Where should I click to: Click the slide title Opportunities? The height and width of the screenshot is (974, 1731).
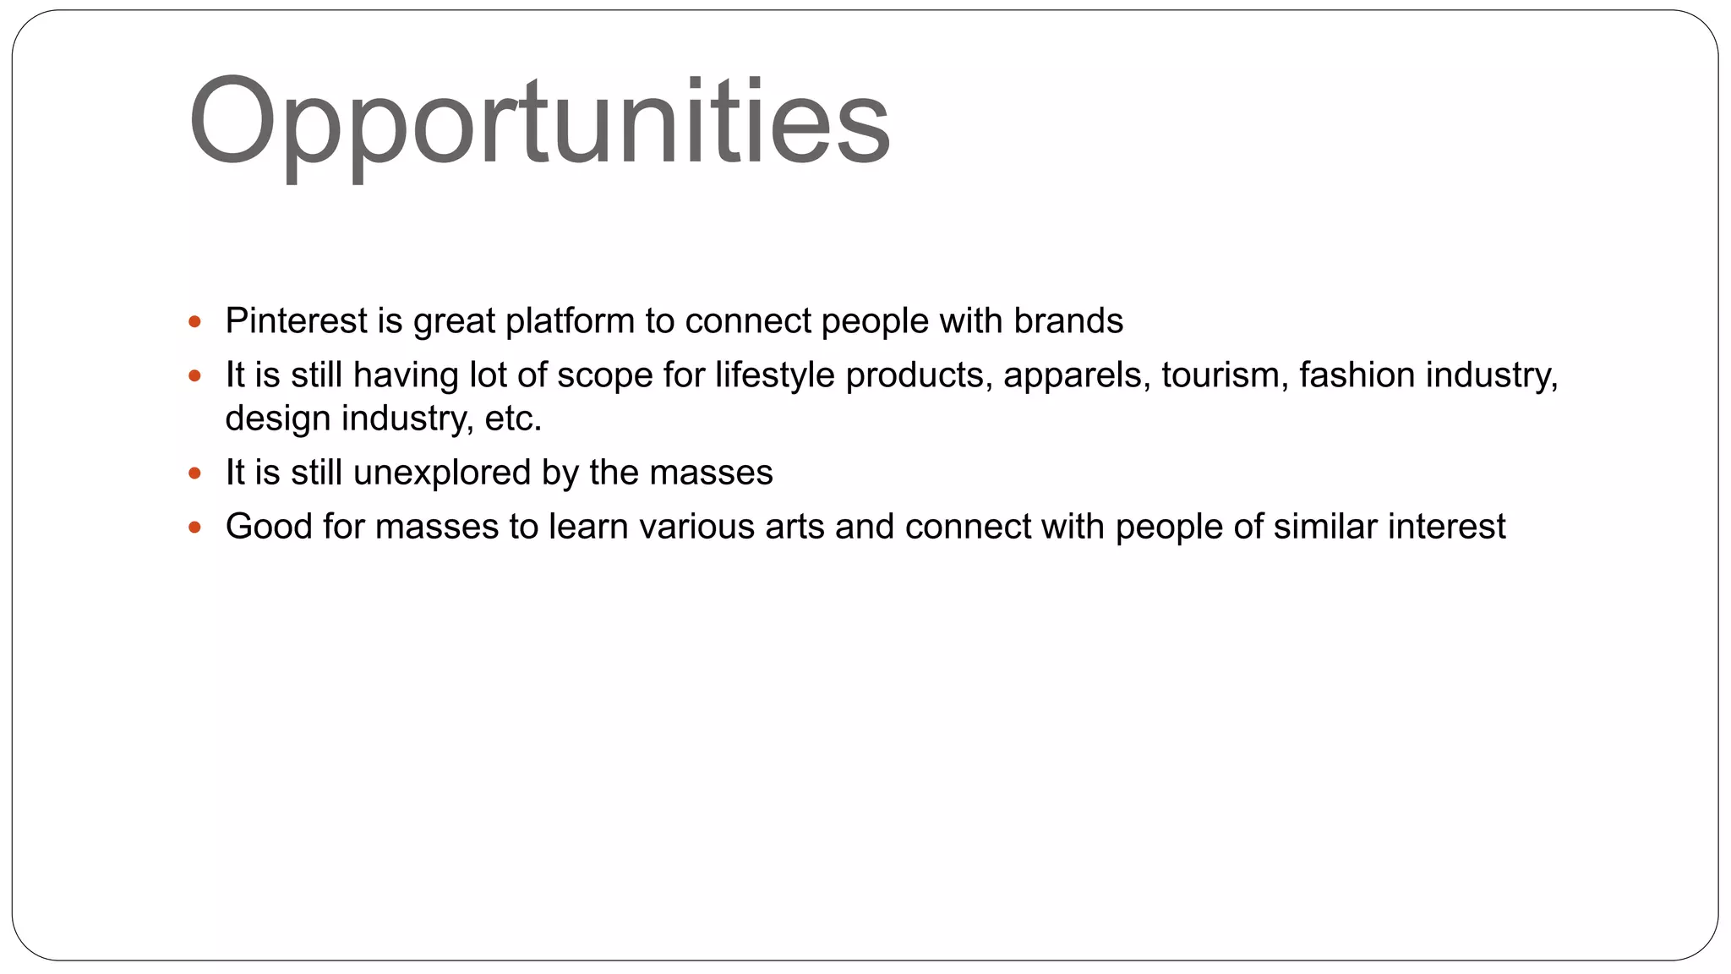click(539, 123)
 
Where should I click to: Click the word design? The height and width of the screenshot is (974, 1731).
click(277, 419)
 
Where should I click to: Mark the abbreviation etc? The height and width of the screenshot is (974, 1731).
click(513, 419)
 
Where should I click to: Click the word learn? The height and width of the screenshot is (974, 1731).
click(588, 527)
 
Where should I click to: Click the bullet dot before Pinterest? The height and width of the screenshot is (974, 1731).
click(195, 321)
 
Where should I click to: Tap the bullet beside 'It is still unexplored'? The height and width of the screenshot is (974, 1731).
click(195, 473)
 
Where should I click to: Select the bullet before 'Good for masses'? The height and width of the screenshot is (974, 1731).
click(195, 528)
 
